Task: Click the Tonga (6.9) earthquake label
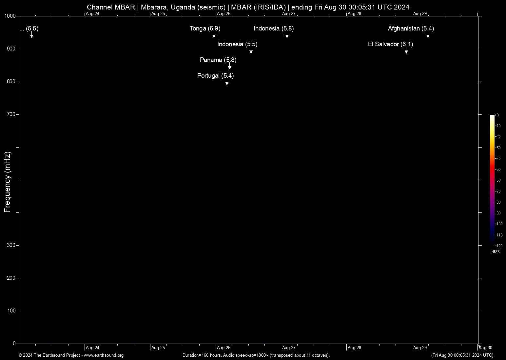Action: pyautogui.click(x=205, y=29)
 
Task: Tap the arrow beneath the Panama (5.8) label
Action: pyautogui.click(x=230, y=67)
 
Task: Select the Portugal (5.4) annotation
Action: pyautogui.click(x=215, y=76)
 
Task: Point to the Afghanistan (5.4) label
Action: pyautogui.click(x=411, y=29)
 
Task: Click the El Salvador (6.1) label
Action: pyautogui.click(x=390, y=44)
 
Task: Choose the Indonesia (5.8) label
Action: pyautogui.click(x=274, y=29)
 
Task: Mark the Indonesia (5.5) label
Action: pyautogui.click(x=237, y=44)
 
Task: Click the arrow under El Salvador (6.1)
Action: pyautogui.click(x=406, y=51)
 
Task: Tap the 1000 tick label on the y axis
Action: pyautogui.click(x=10, y=16)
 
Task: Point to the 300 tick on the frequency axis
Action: pyautogui.click(x=11, y=245)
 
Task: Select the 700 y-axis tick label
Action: pyautogui.click(x=11, y=114)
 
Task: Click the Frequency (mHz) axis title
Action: pyautogui.click(x=8, y=182)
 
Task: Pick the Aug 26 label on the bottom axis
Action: pyautogui.click(x=224, y=348)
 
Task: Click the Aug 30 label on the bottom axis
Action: pyautogui.click(x=486, y=348)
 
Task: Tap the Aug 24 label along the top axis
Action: pyautogui.click(x=92, y=14)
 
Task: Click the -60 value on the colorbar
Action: pyautogui.click(x=498, y=180)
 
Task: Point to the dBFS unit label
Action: pyautogui.click(x=496, y=252)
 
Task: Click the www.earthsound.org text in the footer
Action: pyautogui.click(x=104, y=355)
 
